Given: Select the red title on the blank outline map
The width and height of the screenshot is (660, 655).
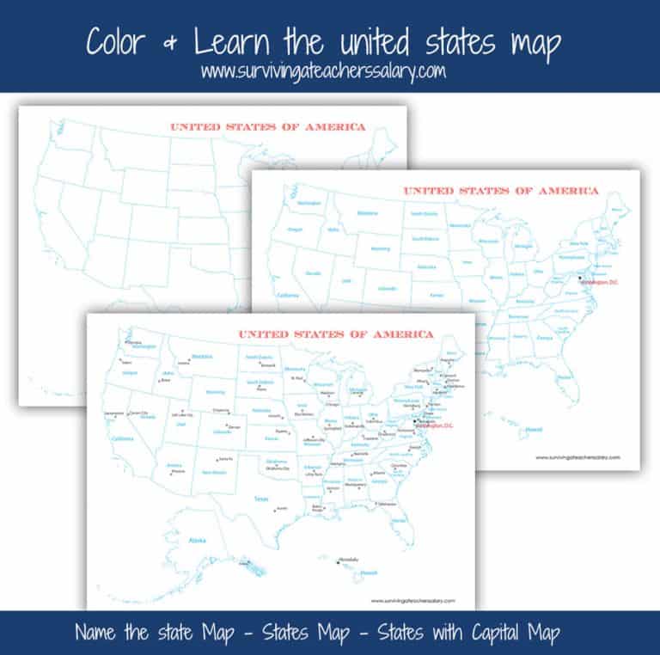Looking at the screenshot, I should click(x=267, y=127).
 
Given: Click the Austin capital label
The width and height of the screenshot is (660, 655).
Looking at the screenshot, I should click(x=281, y=508).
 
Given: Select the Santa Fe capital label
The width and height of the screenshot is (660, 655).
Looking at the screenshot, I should click(x=227, y=459).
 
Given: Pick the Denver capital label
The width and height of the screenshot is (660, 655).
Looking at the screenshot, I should click(x=233, y=426).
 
